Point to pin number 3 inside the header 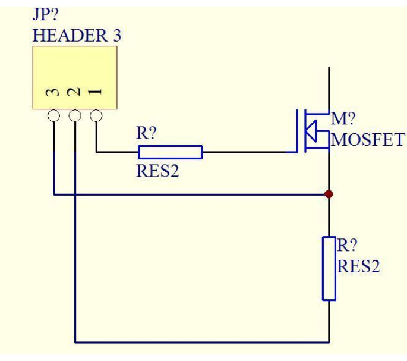pos(53,92)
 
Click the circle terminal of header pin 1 pos(96,115)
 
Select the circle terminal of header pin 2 pos(75,115)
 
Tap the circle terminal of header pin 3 pos(53,115)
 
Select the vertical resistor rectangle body pos(329,268)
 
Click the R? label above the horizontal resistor pos(146,134)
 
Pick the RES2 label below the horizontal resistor pos(157,172)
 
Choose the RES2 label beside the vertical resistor pos(358,266)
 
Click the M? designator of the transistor pos(342,118)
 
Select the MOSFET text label pos(367,140)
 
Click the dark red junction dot pos(329,194)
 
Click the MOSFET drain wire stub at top pos(329,89)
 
